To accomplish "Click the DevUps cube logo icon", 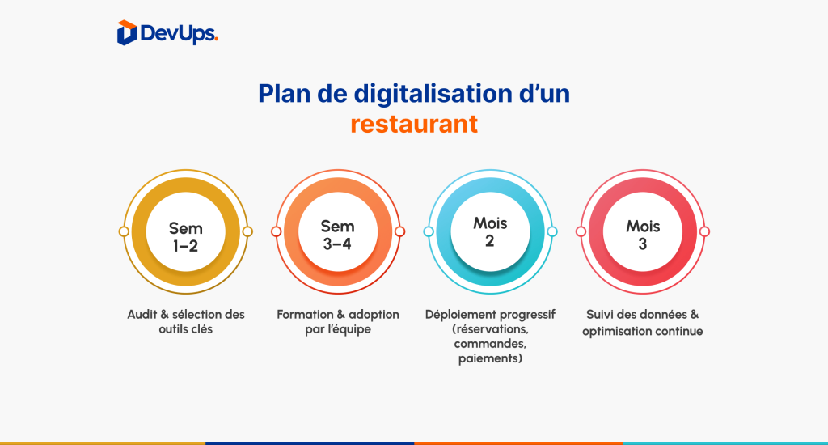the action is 127,32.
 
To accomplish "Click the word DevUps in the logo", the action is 179,34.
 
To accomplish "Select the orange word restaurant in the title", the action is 414,125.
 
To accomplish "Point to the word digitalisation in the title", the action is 433,94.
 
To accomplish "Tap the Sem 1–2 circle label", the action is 186,237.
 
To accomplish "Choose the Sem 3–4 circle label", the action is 337,235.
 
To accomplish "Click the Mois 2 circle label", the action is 490,231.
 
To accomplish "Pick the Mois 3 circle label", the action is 643,235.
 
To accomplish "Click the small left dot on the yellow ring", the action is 124,231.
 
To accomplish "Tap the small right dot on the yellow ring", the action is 247,231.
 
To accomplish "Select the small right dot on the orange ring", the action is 399,231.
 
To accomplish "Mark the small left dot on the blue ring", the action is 429,231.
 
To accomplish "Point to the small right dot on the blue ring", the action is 551,231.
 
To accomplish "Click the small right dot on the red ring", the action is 704,231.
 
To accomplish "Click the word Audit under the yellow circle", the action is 142,315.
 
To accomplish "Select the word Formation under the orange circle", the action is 305,315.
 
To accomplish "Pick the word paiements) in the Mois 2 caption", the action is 490,359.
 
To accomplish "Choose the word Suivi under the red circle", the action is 599,315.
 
